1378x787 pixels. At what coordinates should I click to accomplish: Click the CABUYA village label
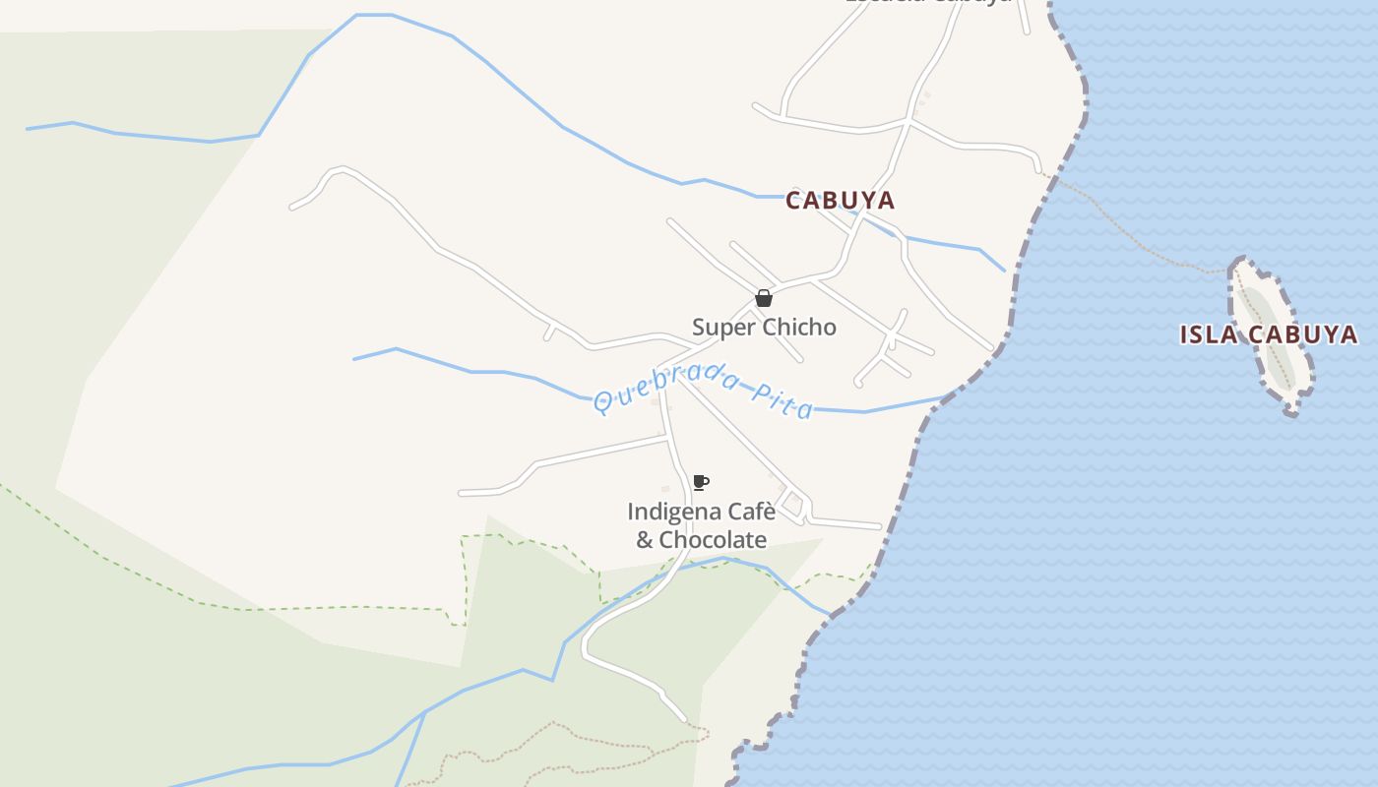pos(840,201)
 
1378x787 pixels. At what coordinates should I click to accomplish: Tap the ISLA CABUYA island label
pos(1268,334)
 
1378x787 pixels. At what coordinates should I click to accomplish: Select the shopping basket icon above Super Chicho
pos(763,298)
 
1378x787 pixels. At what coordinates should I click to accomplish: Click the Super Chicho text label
pos(764,328)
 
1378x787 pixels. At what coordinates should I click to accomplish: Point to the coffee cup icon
pos(700,482)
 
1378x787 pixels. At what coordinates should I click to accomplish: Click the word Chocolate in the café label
pos(713,540)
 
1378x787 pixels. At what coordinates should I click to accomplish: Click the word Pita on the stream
pos(783,400)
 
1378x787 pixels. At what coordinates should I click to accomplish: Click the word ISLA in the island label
pos(1209,334)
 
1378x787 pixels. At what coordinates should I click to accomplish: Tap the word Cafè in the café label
pos(750,513)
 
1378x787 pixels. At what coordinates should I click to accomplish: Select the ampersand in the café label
pos(645,540)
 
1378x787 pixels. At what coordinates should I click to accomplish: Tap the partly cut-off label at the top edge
pos(928,3)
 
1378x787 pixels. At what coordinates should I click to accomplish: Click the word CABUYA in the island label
pos(1301,334)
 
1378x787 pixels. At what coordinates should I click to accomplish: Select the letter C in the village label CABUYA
pos(793,201)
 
